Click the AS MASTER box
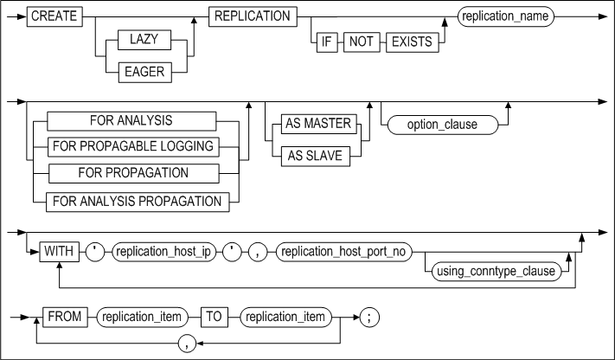click(317, 124)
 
